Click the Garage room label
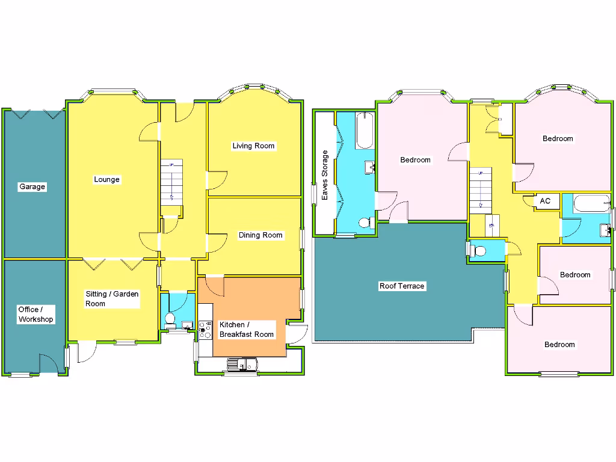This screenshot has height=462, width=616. [x=32, y=187]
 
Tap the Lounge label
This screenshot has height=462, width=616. [x=106, y=179]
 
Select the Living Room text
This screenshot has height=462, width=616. [x=253, y=146]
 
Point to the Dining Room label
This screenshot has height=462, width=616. [x=260, y=235]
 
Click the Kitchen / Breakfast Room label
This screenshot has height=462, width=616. [x=246, y=330]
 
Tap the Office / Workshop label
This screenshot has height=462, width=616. [x=35, y=315]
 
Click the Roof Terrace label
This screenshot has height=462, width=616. [x=402, y=286]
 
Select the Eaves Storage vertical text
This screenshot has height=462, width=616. [x=325, y=175]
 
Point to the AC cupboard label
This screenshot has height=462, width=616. [x=545, y=201]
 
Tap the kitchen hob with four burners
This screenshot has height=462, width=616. [x=205, y=328]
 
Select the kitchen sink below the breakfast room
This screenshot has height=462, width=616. [x=242, y=365]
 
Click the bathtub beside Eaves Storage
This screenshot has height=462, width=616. [x=365, y=131]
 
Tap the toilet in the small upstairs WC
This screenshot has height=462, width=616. [x=479, y=251]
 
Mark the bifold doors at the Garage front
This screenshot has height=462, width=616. [x=34, y=113]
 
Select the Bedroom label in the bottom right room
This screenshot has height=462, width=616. [x=559, y=345]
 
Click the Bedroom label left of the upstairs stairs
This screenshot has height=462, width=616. [x=415, y=160]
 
